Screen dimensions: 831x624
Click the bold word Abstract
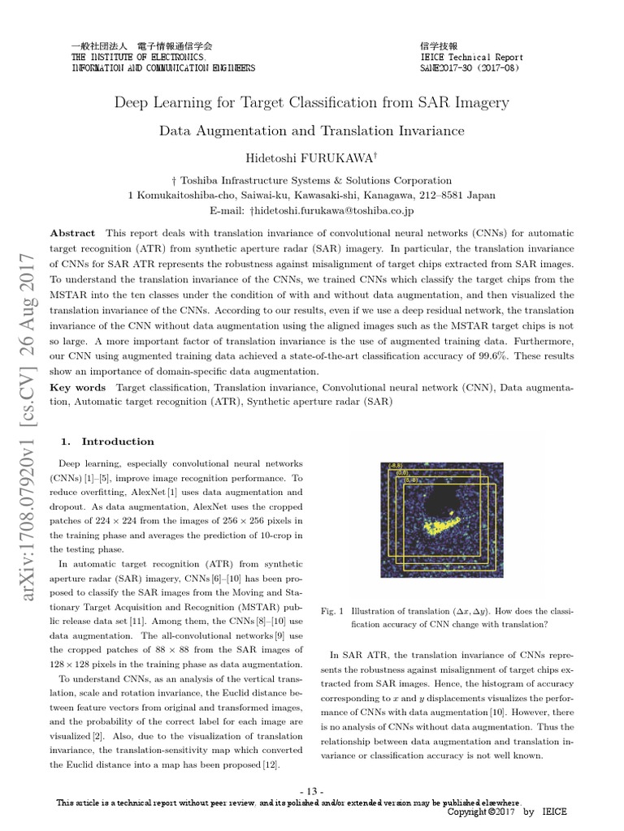[x=72, y=233]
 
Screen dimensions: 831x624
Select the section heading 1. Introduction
[x=108, y=441]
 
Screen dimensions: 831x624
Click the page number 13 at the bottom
[x=312, y=791]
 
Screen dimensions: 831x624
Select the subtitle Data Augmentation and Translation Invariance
[x=311, y=130]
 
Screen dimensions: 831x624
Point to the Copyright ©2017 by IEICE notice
[x=507, y=812]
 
